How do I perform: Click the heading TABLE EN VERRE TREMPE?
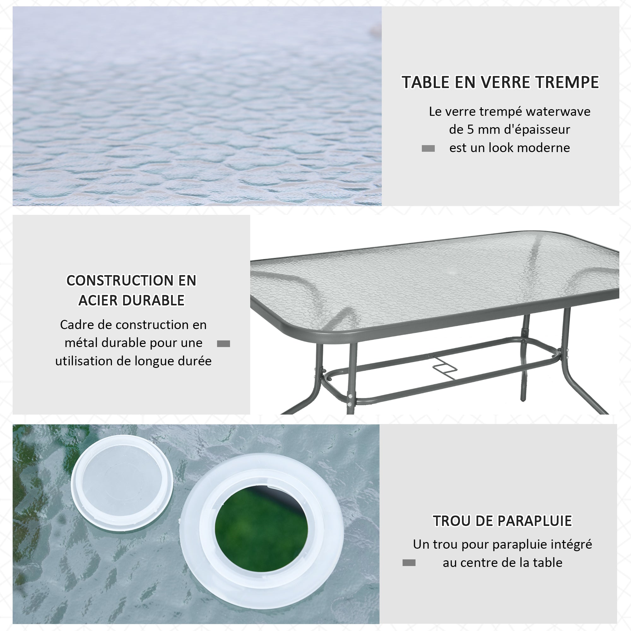pyautogui.click(x=500, y=82)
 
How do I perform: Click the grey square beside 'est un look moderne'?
pyautogui.click(x=428, y=149)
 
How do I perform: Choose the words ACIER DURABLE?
pyautogui.click(x=131, y=300)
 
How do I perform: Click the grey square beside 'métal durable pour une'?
pyautogui.click(x=223, y=344)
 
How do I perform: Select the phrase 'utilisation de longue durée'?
pyautogui.click(x=133, y=361)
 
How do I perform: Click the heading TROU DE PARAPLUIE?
pyautogui.click(x=502, y=521)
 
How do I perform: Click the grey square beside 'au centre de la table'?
pyautogui.click(x=409, y=563)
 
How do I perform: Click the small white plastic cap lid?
pyautogui.click(x=122, y=483)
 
